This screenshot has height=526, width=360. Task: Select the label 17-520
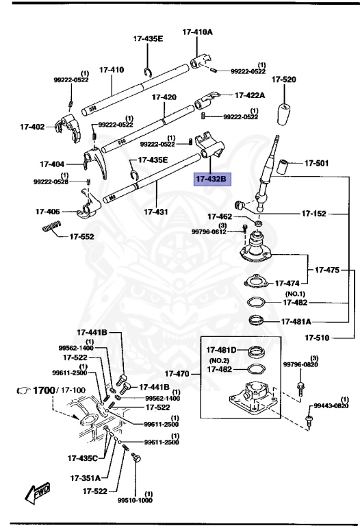point(283,80)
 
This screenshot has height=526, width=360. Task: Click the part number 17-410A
point(197,32)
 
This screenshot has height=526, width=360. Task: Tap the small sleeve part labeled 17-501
point(284,165)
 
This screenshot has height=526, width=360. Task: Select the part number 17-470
point(178,375)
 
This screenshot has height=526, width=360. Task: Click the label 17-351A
point(83,478)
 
